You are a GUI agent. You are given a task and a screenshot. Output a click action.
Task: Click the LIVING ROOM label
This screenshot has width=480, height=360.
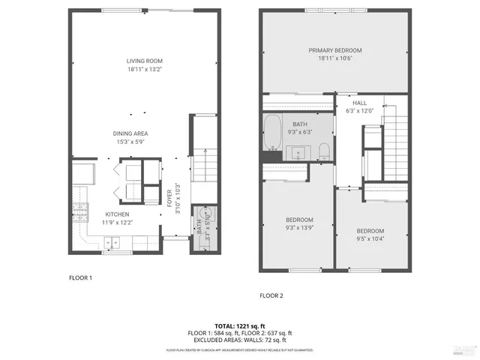[x=145, y=61]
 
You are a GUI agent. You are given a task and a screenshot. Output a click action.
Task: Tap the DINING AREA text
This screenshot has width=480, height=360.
[x=130, y=133]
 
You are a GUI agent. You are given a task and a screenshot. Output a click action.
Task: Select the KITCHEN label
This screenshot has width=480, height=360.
[x=118, y=214]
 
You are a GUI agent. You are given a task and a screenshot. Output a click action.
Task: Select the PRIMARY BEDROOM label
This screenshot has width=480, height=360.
[x=335, y=50]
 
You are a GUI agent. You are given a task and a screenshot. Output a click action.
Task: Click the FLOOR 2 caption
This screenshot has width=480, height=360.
[x=271, y=295]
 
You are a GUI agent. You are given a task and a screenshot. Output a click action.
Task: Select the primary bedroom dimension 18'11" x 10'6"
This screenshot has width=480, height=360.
[x=335, y=58]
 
